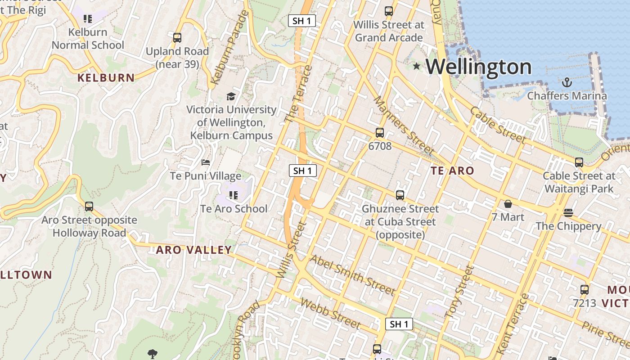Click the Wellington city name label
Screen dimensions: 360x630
coord(478,67)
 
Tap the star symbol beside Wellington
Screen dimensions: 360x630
coord(417,67)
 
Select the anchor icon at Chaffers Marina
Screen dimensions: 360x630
coord(567,82)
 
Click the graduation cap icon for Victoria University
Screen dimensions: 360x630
coord(231,96)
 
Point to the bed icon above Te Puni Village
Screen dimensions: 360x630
coord(206,162)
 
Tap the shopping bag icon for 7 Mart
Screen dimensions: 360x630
coord(508,204)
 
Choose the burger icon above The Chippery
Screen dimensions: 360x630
coord(568,213)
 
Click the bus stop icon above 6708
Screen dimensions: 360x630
coord(380,133)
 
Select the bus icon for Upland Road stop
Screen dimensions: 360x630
coord(177,38)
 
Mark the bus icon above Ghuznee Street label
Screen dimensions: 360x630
coord(400,195)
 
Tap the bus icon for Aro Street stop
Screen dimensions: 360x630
coord(89,207)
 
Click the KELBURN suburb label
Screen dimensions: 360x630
coord(106,78)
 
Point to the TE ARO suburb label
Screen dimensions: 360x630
coord(452,171)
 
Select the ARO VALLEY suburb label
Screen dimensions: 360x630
coord(194,250)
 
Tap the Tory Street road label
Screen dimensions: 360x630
coord(459,292)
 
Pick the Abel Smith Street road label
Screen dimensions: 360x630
coord(352,275)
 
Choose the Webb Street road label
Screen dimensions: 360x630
coord(330,314)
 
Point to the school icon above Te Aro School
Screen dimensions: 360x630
coord(233,195)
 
